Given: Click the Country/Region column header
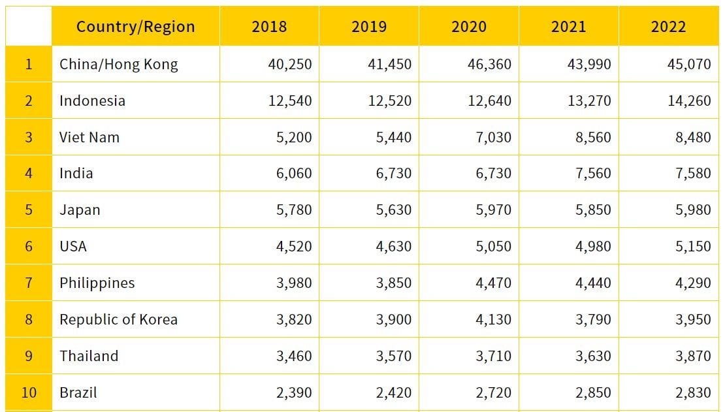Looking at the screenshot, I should coord(135,27).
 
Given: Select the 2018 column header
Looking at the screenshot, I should coord(269,27).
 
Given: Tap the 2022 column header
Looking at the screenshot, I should coord(668,27).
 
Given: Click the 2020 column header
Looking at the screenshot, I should coord(469,27).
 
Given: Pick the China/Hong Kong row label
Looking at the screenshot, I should coord(118,64).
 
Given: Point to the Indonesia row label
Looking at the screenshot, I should coord(92,101).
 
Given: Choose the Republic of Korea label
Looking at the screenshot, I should coord(118,319).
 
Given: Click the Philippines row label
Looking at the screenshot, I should coord(97,283).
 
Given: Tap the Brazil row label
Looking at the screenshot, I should coord(78,392).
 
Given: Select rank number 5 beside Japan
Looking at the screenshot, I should coord(28,210).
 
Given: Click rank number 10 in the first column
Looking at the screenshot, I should coord(28,392).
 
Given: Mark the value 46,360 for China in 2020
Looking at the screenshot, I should coord(489,64).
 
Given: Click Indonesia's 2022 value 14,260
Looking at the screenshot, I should coord(689,101).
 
